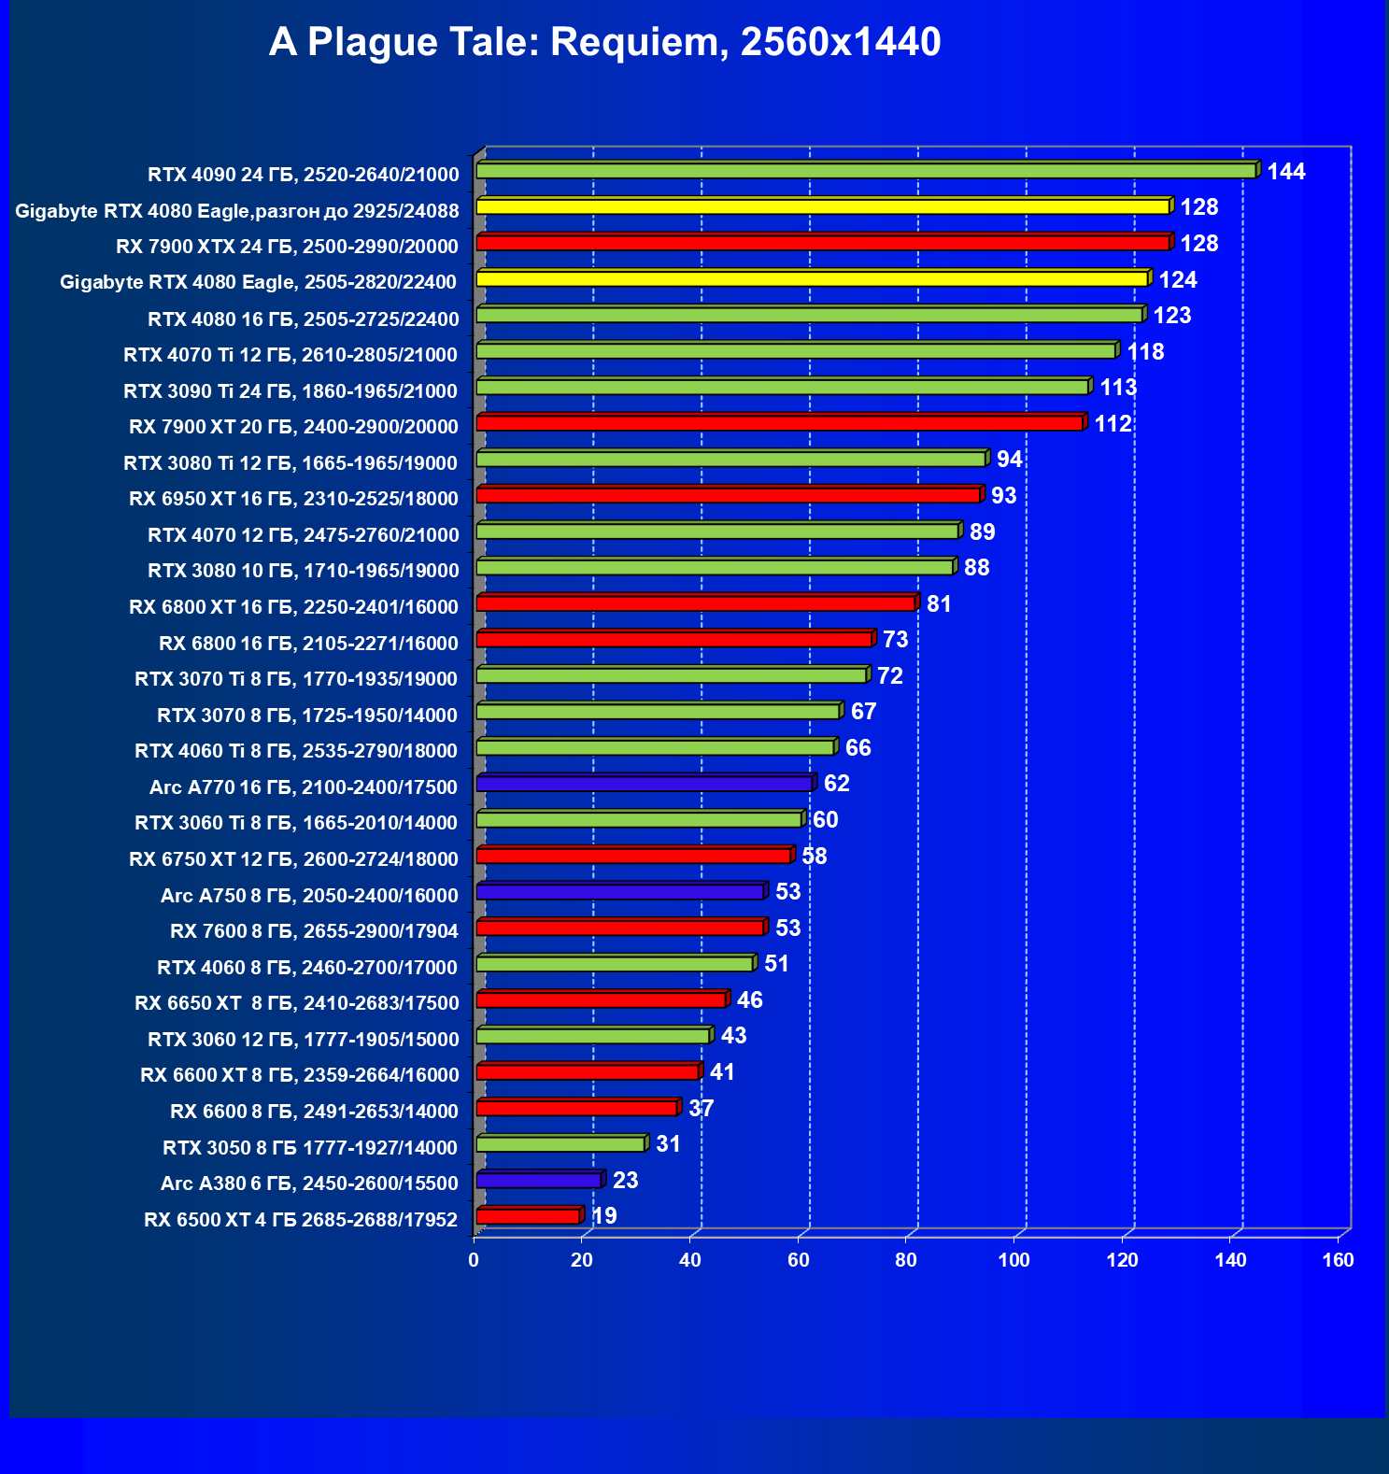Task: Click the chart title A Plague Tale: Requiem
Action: point(604,42)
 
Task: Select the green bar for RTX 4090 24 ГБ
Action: point(866,170)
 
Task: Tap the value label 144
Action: point(1286,171)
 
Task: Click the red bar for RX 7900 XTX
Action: point(822,243)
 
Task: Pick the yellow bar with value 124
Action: point(812,278)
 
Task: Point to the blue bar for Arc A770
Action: point(645,784)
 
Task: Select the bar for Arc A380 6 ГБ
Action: point(539,1181)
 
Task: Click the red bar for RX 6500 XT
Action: point(528,1216)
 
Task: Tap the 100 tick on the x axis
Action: point(1013,1260)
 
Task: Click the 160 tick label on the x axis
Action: point(1338,1260)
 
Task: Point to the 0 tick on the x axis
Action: point(474,1260)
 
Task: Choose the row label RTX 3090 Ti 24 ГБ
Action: point(291,391)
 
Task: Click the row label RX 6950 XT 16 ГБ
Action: point(293,499)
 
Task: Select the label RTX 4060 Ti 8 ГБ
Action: point(296,751)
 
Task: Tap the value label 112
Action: point(1113,424)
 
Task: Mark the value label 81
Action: point(939,604)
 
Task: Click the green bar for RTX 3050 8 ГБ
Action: point(560,1144)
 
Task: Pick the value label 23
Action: point(625,1181)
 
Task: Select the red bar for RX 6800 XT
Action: point(696,603)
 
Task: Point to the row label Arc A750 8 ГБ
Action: point(309,896)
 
